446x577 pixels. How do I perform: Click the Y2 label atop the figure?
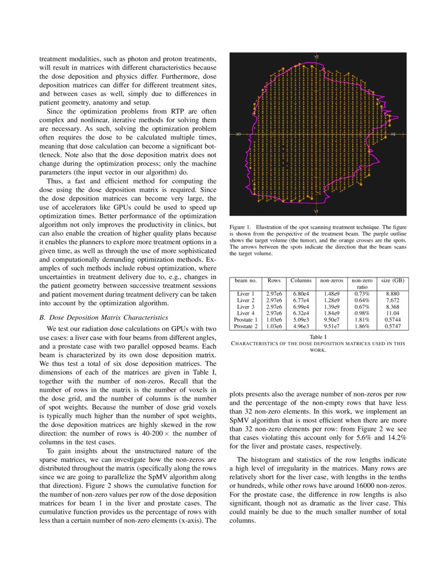point(316,56)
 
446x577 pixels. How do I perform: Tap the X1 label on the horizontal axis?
point(238,134)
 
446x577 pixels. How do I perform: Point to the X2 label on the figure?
point(392,134)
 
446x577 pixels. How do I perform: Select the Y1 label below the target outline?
point(316,211)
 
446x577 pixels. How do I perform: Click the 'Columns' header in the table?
point(301,281)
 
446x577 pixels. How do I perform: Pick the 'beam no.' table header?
point(246,281)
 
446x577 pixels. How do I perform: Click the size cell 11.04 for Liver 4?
point(392,313)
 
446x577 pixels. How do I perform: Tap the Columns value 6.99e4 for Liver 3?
point(301,307)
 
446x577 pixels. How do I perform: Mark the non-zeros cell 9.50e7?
point(332,319)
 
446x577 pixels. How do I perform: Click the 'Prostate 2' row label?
point(246,326)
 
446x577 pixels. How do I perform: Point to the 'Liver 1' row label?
point(246,294)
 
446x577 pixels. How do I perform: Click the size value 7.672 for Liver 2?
point(392,300)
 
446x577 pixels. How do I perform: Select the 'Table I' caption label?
point(318,337)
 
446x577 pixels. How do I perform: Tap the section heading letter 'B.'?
point(43,317)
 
